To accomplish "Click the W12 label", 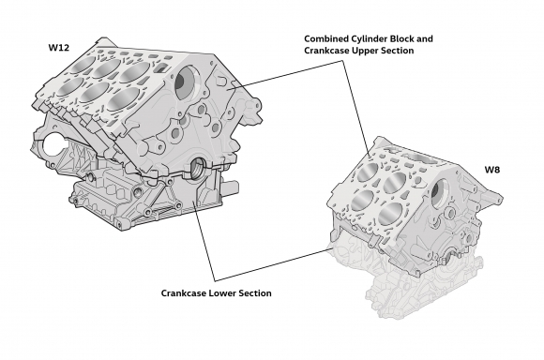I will [x=59, y=46].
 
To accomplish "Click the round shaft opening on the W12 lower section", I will [x=198, y=169].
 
